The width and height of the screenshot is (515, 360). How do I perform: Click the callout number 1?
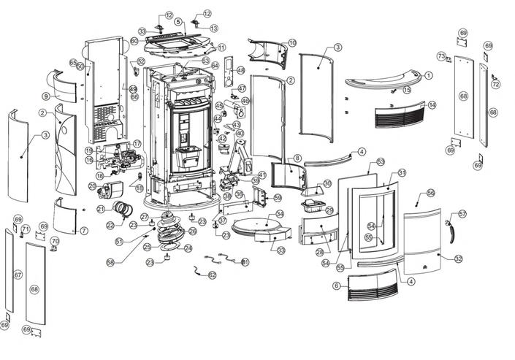click(428, 75)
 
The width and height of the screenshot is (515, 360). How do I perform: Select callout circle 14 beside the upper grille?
click(432, 105)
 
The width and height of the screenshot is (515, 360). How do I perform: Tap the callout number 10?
click(292, 43)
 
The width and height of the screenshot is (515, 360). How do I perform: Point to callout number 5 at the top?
click(178, 22)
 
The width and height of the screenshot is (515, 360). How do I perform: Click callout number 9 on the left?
click(45, 96)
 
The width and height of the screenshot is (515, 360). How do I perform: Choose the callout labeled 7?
click(84, 231)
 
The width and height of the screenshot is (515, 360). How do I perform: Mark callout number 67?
click(18, 275)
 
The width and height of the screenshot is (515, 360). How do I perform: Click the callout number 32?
click(458, 258)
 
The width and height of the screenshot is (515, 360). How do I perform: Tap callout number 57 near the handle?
click(462, 214)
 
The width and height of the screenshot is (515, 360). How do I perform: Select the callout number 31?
click(402, 173)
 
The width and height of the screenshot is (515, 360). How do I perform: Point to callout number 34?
click(279, 215)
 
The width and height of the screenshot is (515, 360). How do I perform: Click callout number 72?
click(497, 85)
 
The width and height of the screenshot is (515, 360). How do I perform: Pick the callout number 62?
click(213, 275)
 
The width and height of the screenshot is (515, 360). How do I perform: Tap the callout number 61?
click(245, 261)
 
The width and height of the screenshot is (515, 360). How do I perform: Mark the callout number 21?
click(100, 210)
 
